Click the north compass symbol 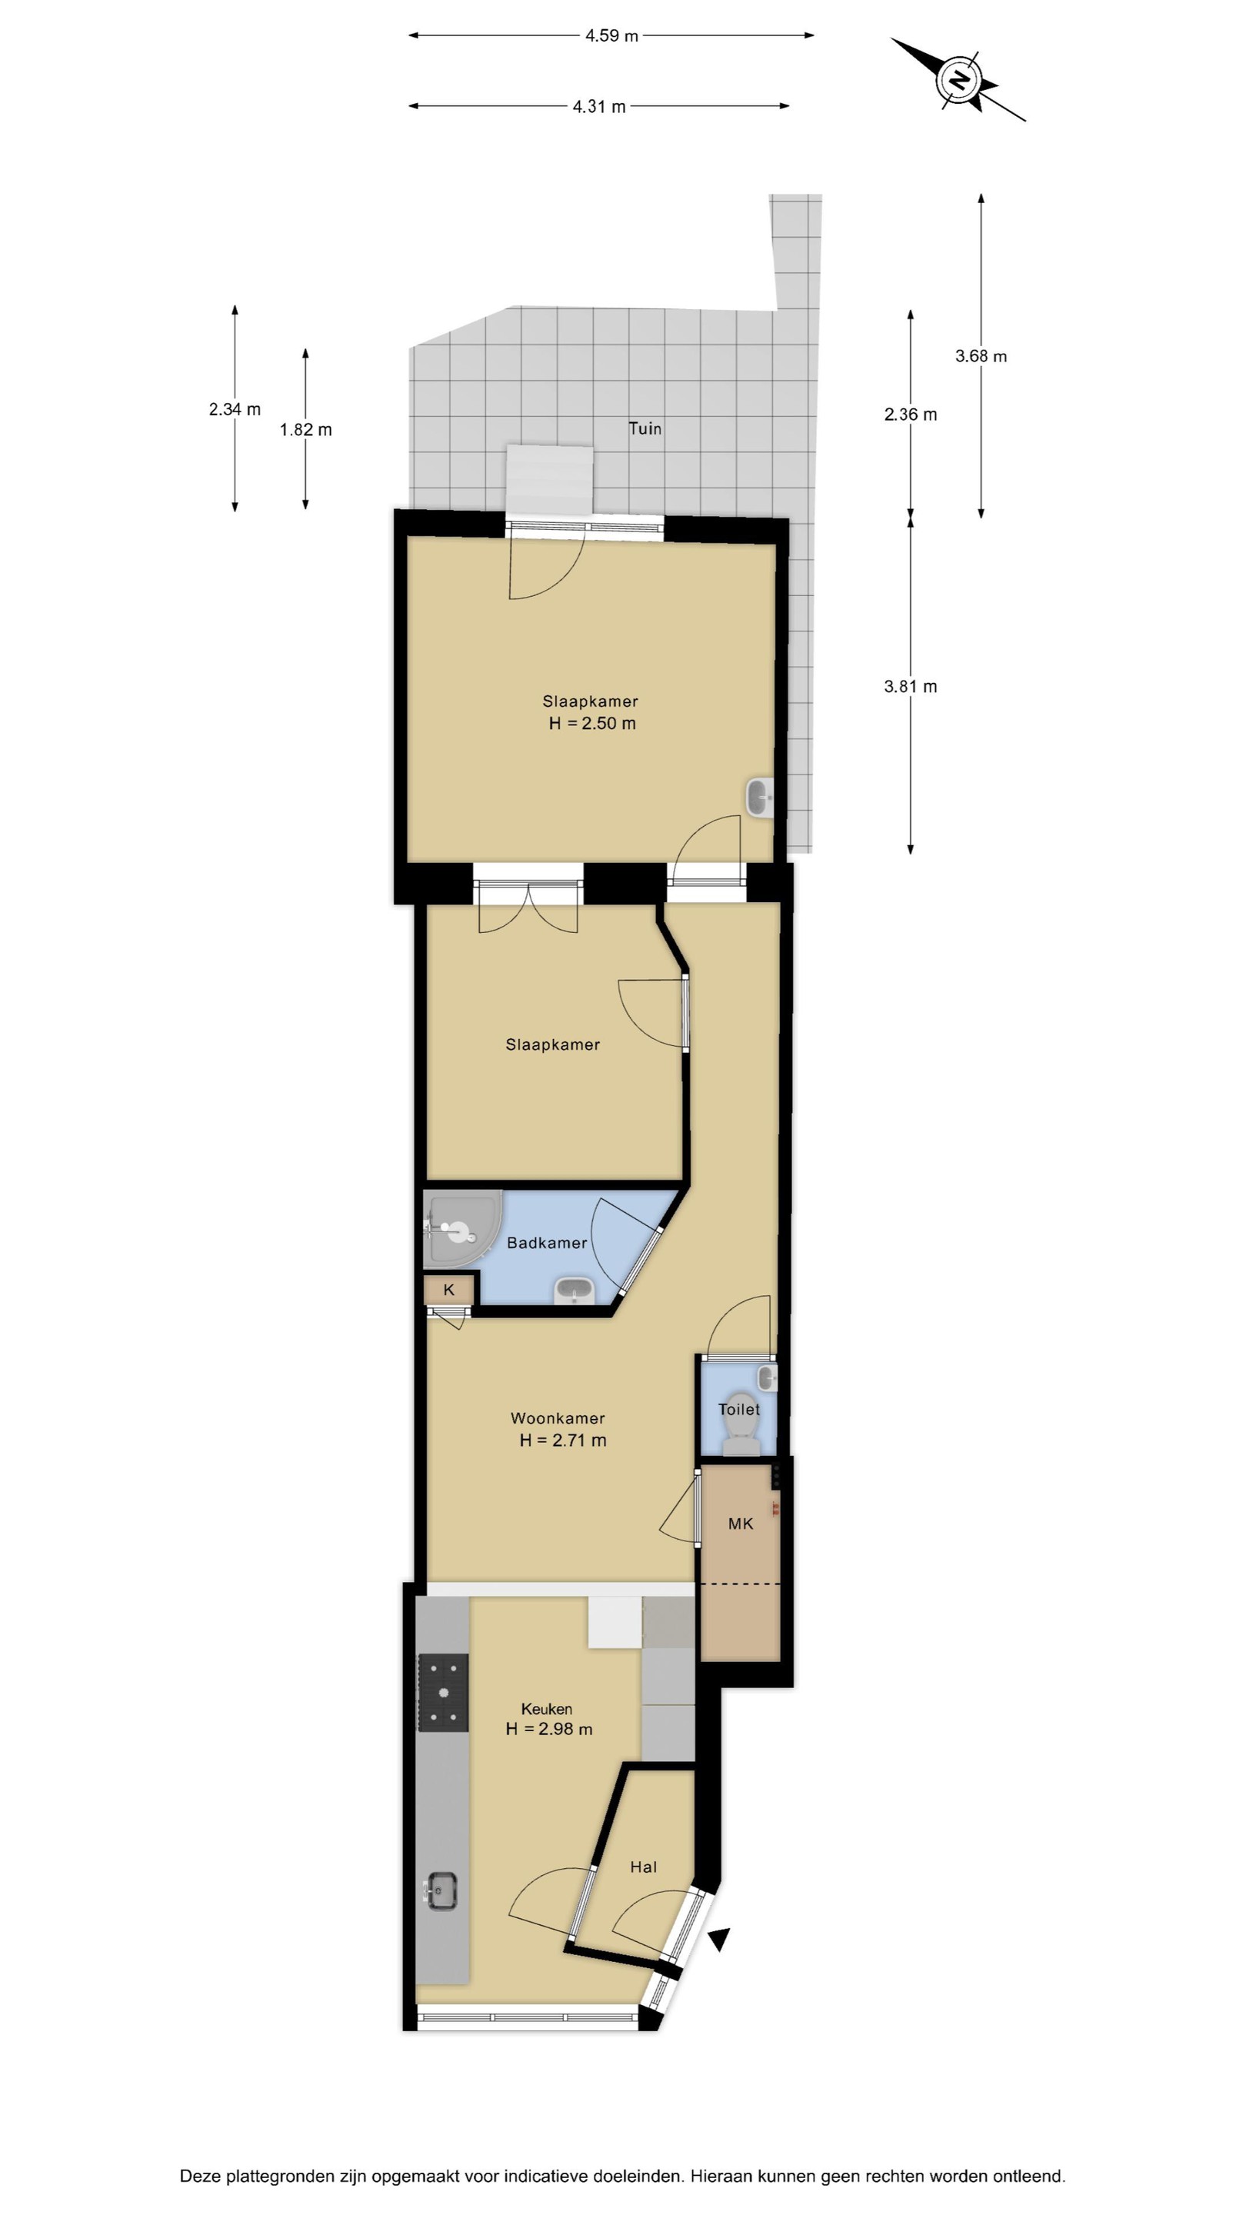[x=959, y=81]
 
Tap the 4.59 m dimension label [x=611, y=36]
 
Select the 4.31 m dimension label [x=598, y=107]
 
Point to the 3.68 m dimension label [x=981, y=356]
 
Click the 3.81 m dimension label [x=910, y=686]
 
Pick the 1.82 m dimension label [x=305, y=430]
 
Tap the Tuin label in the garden [x=645, y=428]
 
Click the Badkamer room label [x=547, y=1243]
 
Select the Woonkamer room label [x=557, y=1418]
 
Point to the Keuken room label [x=546, y=1708]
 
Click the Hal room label [x=643, y=1867]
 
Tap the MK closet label [x=741, y=1524]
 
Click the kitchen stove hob [x=443, y=1692]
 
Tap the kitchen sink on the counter [x=442, y=1891]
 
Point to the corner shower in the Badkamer [x=461, y=1228]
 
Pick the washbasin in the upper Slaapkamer [x=759, y=796]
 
